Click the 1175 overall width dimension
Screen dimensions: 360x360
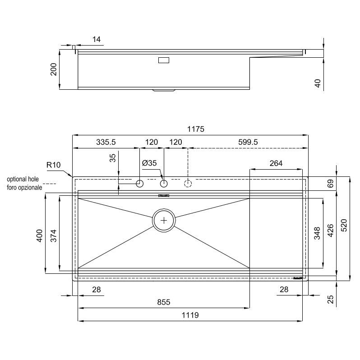coord(196,129)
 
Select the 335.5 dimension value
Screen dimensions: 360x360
coord(106,142)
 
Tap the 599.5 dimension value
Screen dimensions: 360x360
coord(248,142)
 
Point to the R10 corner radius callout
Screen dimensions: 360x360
coord(54,165)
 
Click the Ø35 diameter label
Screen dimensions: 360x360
coord(149,163)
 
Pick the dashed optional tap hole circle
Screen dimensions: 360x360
coord(188,184)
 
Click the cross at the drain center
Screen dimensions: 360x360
coord(164,221)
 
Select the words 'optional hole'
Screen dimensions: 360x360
coord(23,179)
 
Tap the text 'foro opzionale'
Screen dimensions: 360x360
coord(24,188)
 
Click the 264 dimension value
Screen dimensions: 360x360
coord(276,163)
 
